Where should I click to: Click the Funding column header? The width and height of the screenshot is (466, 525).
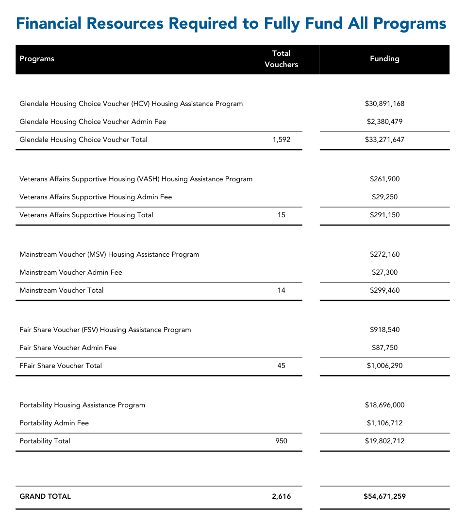click(x=384, y=59)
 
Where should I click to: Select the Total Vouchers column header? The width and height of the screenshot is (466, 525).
click(x=281, y=59)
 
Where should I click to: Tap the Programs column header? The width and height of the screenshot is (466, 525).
click(x=37, y=59)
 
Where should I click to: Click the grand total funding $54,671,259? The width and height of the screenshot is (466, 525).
click(x=384, y=496)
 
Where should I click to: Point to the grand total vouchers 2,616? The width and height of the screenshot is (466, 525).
click(x=281, y=496)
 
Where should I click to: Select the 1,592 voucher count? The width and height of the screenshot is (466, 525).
click(x=281, y=140)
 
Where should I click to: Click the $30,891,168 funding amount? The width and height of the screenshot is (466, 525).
click(x=384, y=104)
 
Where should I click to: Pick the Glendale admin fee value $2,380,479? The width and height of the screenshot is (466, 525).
click(x=384, y=122)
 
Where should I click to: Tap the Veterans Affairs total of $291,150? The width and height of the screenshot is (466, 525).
click(x=384, y=215)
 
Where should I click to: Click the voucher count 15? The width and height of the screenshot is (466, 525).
click(x=281, y=215)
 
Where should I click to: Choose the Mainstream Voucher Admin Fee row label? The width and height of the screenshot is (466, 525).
click(x=71, y=272)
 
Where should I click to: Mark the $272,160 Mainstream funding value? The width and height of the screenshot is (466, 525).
click(x=384, y=254)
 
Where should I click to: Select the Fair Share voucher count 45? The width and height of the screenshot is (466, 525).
click(x=281, y=366)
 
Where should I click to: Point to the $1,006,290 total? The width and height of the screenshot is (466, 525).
click(x=384, y=366)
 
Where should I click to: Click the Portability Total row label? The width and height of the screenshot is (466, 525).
click(x=45, y=441)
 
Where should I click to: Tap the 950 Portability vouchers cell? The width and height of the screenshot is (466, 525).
click(x=281, y=441)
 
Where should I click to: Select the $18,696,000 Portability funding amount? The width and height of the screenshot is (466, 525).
click(x=384, y=405)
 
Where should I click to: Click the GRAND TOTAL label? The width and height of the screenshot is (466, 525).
click(x=45, y=496)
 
